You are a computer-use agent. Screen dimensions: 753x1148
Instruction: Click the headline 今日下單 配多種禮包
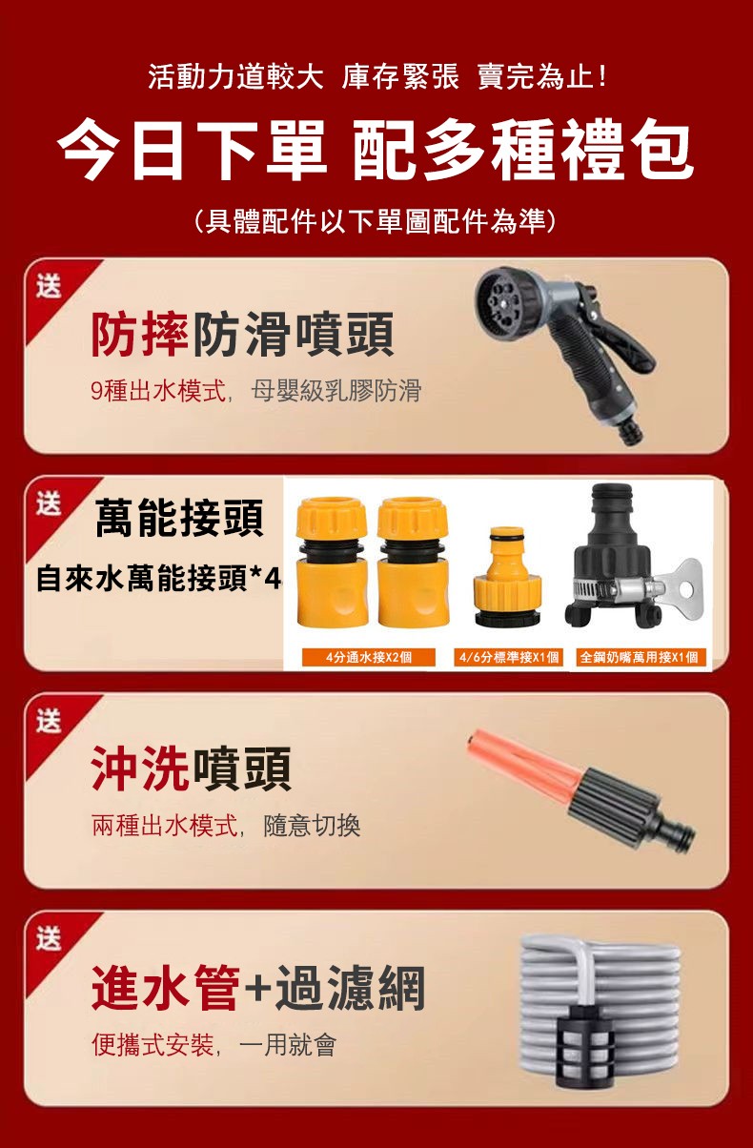tap(376, 150)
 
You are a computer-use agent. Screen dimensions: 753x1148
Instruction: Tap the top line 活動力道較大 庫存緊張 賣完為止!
tap(377, 77)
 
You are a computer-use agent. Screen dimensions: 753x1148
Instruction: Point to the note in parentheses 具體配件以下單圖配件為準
tap(376, 221)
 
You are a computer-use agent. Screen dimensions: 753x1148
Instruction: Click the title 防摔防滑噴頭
tap(242, 334)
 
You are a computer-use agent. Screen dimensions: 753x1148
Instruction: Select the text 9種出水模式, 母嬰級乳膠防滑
tap(256, 391)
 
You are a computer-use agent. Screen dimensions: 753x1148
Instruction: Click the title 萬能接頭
tap(179, 518)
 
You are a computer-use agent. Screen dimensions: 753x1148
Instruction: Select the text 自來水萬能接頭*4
tap(159, 578)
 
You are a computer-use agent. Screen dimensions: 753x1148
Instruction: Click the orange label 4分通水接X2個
tap(368, 657)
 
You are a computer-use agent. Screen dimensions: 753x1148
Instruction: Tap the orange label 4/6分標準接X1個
tap(508, 657)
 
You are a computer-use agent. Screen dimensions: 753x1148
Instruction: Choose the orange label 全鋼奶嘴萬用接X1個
tap(639, 657)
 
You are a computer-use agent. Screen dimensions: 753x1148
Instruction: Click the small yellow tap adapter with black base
tap(507, 577)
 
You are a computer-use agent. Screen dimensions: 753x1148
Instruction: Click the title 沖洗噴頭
tap(191, 769)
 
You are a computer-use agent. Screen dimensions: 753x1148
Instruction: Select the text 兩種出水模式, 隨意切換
tap(226, 826)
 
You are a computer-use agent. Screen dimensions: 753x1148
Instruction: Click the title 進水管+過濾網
tap(258, 988)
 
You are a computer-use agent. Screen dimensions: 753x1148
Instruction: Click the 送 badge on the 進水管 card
tap(50, 939)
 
